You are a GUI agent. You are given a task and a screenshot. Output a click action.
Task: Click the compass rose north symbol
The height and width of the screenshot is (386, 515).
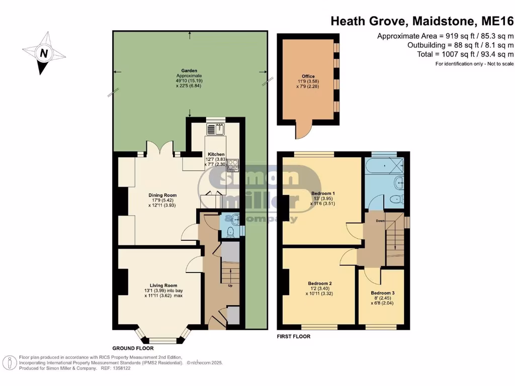(44, 53)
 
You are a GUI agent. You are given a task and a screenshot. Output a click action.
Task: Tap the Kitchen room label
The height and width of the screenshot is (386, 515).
(214, 154)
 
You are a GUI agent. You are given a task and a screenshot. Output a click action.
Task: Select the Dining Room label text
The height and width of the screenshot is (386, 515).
(162, 195)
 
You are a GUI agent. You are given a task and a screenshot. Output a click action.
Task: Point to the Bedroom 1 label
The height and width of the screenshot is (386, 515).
(323, 193)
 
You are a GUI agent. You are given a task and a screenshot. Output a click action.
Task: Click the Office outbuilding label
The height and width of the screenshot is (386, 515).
(308, 77)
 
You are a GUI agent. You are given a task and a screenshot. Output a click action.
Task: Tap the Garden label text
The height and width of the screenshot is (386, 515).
(189, 71)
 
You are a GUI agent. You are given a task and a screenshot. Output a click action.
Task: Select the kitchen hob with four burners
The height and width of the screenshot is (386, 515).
(233, 164)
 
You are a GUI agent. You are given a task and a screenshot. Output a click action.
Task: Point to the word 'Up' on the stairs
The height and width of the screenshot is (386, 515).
(230, 286)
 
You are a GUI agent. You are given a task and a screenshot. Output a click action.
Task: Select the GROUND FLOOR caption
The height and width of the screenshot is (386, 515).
(133, 348)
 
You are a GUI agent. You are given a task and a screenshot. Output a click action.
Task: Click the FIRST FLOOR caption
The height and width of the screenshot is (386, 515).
(294, 336)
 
